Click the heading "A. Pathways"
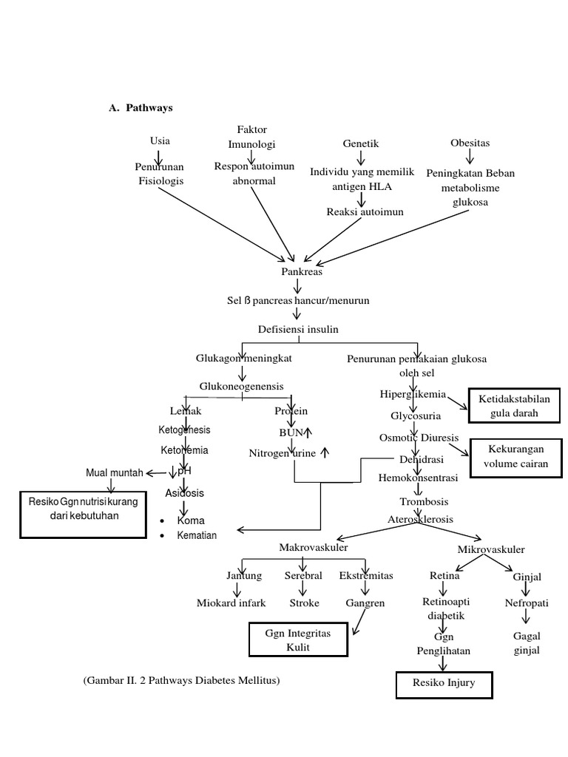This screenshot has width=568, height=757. pos(141,108)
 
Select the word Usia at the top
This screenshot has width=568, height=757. pos(160,140)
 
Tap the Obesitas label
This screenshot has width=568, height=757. pos(470,143)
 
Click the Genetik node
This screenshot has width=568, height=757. pos(361,143)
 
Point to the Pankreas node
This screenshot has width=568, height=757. pos(302,271)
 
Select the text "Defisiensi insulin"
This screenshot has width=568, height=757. pos(298,329)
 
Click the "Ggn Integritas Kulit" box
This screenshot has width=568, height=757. pos(297,640)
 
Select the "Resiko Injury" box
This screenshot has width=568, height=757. pos(444,684)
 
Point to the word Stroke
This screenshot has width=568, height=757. pos(304,602)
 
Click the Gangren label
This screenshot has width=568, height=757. pos(365,602)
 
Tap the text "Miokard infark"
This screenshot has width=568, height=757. pos(231,602)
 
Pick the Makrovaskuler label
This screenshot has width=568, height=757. pos(314,547)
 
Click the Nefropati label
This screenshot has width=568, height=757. pos(527,602)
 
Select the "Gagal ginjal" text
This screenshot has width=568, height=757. pos(527,642)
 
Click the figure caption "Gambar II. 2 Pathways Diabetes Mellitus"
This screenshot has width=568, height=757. pos(182,679)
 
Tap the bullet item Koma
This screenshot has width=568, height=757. pos(190,520)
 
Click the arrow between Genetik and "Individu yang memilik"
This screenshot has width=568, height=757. pos(361,158)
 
